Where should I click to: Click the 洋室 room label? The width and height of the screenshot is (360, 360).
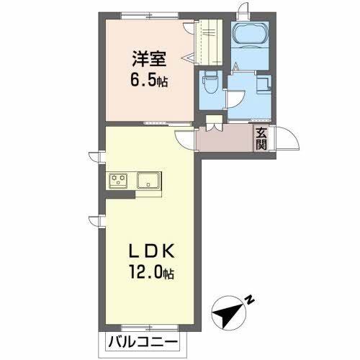[149, 59]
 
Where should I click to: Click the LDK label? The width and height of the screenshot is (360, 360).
[152, 251]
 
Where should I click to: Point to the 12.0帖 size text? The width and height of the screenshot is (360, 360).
[152, 271]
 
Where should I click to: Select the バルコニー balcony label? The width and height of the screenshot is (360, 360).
[143, 342]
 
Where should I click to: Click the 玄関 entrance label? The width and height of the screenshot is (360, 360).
[261, 138]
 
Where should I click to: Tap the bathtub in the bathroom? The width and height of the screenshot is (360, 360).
[250, 34]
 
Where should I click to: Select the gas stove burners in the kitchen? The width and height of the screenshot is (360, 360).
[118, 180]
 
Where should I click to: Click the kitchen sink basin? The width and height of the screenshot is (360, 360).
[148, 180]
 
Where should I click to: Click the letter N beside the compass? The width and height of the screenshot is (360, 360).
[250, 300]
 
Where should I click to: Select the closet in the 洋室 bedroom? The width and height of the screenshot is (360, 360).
[208, 42]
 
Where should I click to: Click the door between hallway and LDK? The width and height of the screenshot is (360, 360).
[185, 140]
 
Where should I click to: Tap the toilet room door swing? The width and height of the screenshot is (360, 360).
[235, 99]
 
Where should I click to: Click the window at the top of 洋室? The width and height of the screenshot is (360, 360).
[150, 16]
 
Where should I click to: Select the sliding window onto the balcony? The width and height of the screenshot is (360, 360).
[150, 328]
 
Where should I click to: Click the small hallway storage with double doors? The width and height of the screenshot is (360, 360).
[214, 123]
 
